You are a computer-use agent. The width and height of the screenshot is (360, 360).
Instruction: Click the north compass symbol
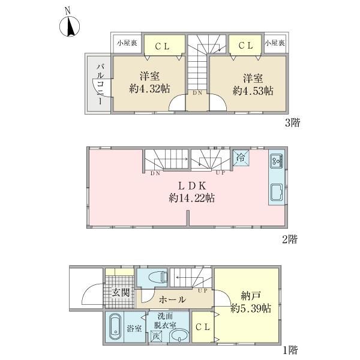tap(70, 26)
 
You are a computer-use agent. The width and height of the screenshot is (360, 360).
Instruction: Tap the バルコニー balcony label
tap(100, 84)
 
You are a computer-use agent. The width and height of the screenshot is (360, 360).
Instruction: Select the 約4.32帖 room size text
tap(149, 88)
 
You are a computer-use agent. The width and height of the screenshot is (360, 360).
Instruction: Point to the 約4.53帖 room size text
tap(253, 91)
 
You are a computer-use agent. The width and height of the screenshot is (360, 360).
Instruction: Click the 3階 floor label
tap(292, 122)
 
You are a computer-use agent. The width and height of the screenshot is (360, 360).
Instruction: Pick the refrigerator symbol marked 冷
tap(241, 157)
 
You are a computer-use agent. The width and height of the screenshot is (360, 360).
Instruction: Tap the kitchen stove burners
tap(277, 160)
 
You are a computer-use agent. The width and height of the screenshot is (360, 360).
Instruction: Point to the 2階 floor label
tap(290, 239)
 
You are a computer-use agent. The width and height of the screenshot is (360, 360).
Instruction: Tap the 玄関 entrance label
tap(121, 293)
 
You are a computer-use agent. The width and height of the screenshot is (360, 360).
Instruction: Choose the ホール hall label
tap(172, 299)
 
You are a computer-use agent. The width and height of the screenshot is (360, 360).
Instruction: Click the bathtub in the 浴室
tap(115, 326)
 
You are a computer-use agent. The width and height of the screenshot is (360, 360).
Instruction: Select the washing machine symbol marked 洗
tap(156, 336)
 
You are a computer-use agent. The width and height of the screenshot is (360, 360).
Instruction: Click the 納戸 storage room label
tap(251, 296)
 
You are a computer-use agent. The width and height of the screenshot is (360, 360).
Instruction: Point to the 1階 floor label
tap(290, 350)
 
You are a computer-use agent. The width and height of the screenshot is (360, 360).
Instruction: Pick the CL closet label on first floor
tap(203, 327)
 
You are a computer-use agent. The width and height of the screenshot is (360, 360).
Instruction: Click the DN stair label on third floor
tap(197, 93)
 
